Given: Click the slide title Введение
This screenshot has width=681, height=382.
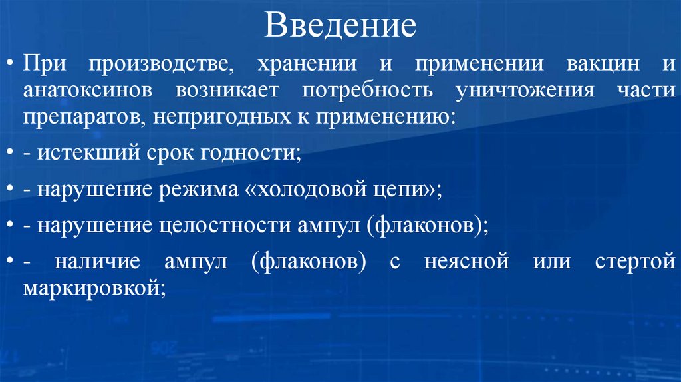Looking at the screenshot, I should [340, 26].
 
